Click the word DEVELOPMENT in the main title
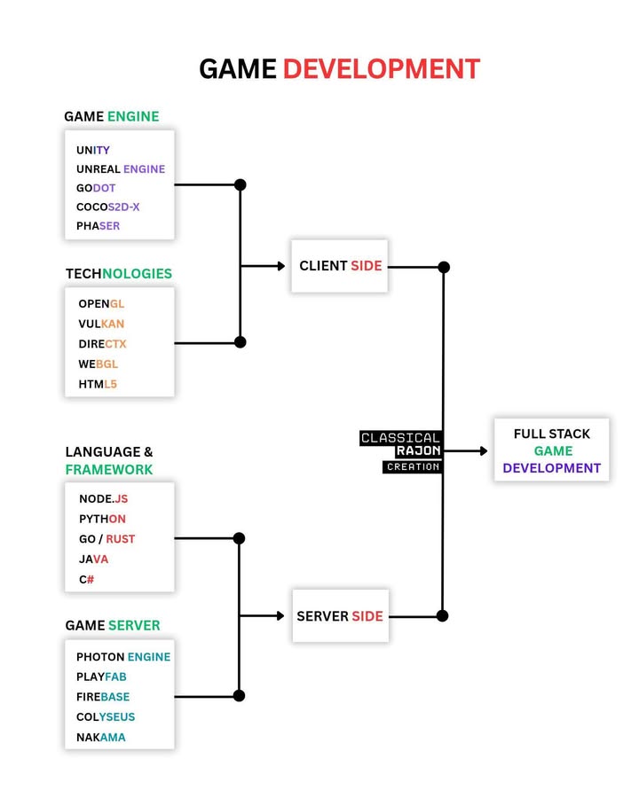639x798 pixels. (x=381, y=68)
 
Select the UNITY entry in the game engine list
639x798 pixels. (x=93, y=150)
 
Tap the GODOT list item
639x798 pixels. (x=96, y=188)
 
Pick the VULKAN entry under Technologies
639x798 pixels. (x=101, y=324)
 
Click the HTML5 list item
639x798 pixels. (x=98, y=384)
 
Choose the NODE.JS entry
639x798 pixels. (x=103, y=499)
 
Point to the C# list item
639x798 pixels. (x=87, y=580)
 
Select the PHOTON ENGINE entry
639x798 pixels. (x=123, y=657)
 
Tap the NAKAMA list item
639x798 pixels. (x=101, y=737)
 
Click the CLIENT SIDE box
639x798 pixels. (x=340, y=266)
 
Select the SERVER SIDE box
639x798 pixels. (x=341, y=616)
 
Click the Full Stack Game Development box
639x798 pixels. (x=551, y=450)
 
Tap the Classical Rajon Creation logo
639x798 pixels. (x=401, y=451)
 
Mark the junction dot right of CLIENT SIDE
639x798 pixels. (x=444, y=267)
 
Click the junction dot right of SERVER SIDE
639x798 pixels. (x=443, y=615)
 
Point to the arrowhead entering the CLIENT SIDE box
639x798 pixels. (x=280, y=266)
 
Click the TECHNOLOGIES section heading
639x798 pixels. (x=119, y=273)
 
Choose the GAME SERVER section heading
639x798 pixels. (x=113, y=625)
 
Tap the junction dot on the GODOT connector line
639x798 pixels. (x=240, y=185)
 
